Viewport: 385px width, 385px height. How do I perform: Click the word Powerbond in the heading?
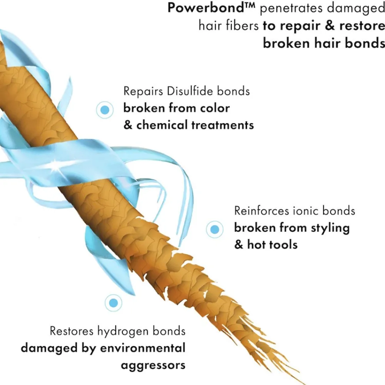(206, 8)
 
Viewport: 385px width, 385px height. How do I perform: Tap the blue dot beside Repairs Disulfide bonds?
(105, 110)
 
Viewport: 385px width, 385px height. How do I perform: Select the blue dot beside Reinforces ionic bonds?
(214, 229)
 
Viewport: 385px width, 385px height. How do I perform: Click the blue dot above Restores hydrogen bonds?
(113, 303)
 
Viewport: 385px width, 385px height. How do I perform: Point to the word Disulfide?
(187, 91)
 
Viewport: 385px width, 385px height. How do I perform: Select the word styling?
(330, 228)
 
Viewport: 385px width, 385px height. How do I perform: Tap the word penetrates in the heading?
(291, 8)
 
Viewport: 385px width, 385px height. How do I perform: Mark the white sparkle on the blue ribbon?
(55, 163)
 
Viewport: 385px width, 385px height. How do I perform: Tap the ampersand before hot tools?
(239, 244)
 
